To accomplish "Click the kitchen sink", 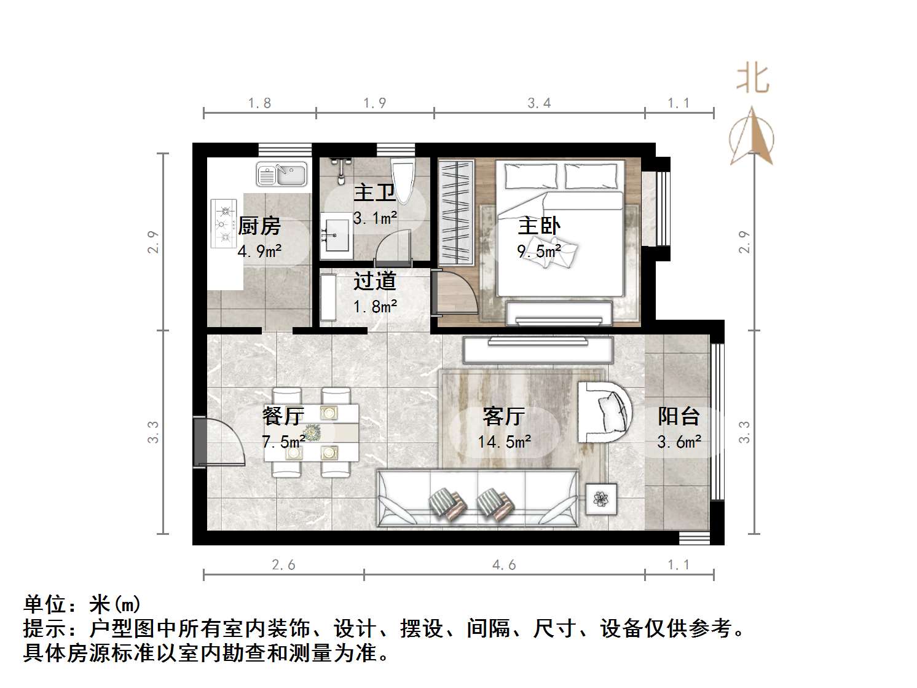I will point(281,174).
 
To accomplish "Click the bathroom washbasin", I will point(336,234).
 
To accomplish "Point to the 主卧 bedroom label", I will point(539,226).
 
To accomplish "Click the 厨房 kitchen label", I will point(259,226).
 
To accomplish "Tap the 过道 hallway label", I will point(374,281).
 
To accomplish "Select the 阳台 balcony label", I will point(679,416).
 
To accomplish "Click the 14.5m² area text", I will point(504,441).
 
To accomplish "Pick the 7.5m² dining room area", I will point(283,441).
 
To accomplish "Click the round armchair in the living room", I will point(605,411).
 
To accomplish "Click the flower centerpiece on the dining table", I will point(312,432).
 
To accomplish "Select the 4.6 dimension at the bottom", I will point(504,564).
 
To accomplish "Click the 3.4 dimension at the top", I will point(539,103).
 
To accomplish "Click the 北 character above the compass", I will point(753,80).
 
